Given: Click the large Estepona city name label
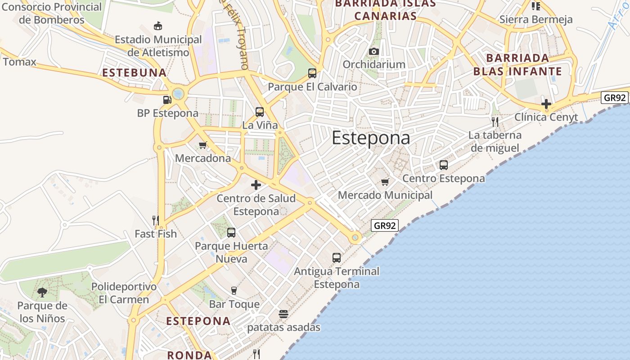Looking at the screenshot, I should [x=371, y=138].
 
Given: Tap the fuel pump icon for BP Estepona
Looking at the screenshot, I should [x=167, y=99].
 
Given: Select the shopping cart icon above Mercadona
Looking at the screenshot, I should [x=203, y=145].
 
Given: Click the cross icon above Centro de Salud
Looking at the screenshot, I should [x=256, y=184].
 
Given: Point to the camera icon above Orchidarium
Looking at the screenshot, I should [x=373, y=51].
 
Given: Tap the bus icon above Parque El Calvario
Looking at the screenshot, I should [x=312, y=73].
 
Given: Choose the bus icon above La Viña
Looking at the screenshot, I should [x=260, y=112].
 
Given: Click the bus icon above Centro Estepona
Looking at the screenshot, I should [x=444, y=165].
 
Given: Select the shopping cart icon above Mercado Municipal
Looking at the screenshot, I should [x=385, y=182].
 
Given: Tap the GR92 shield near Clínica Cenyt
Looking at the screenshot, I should [x=615, y=98].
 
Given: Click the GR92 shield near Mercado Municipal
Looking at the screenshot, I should [x=385, y=225].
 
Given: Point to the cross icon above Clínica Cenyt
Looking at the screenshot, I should [x=546, y=104].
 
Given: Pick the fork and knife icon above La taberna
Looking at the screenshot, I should [x=495, y=121].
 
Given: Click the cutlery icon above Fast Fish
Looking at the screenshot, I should [x=156, y=220].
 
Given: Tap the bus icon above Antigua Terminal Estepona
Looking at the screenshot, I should [x=337, y=258].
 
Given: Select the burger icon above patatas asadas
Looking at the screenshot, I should [x=283, y=314].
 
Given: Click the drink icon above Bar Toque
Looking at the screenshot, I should [x=234, y=290].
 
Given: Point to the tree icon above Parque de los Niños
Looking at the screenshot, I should [x=42, y=292].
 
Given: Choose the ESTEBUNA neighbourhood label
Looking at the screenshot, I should [x=134, y=72].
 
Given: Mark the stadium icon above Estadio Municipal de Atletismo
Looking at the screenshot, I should [x=158, y=26].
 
